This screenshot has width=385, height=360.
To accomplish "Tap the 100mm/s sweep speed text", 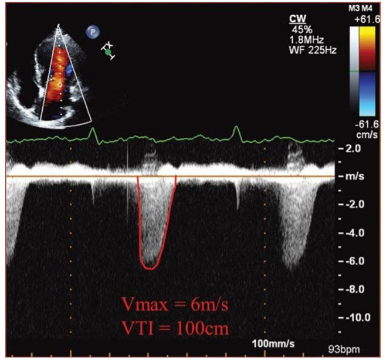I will [x=272, y=345].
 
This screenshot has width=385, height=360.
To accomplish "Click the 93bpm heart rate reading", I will [x=347, y=348].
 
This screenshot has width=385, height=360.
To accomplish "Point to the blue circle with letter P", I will [x=91, y=32].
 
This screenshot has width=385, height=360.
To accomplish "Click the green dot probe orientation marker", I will [x=108, y=51].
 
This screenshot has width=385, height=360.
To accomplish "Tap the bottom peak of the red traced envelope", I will [x=149, y=267].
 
